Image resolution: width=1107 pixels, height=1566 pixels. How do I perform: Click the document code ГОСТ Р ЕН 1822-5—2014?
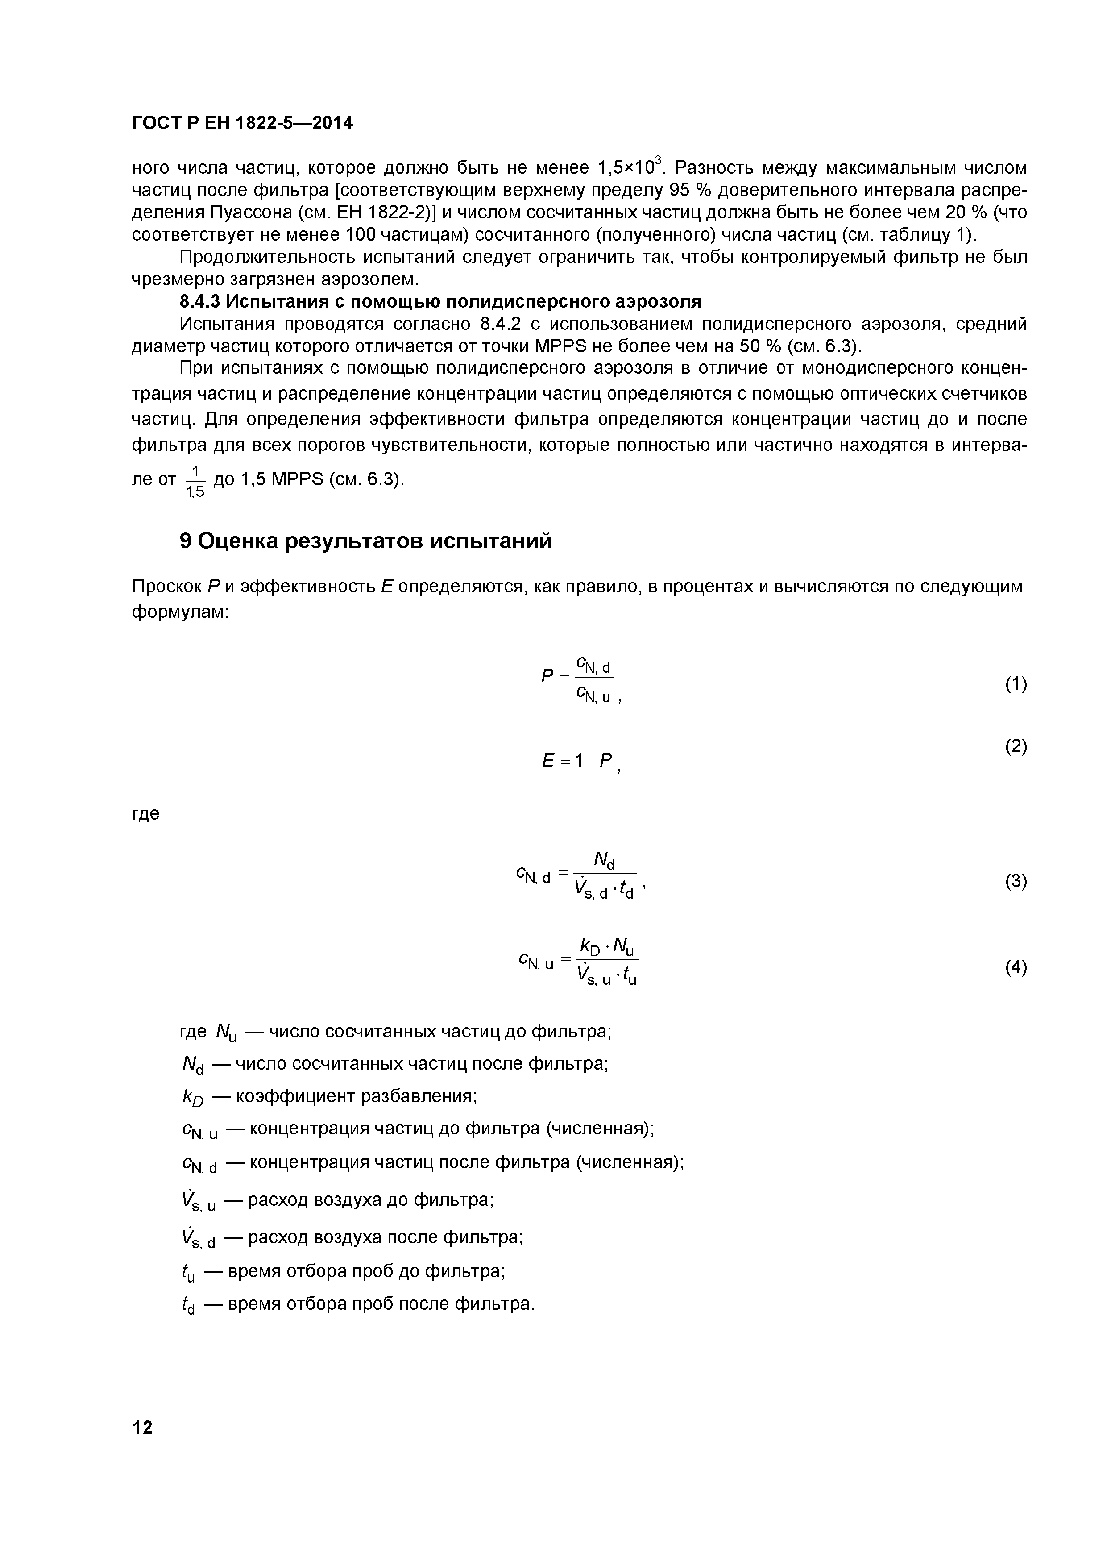(242, 124)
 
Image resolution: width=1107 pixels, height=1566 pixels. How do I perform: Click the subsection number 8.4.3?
(200, 301)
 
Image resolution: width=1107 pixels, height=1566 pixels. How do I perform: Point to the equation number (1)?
(1016, 684)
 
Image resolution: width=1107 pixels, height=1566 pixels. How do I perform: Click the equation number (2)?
(1016, 747)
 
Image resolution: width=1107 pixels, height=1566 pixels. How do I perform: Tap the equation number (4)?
(1016, 967)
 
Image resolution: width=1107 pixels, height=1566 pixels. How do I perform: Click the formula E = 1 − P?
(578, 761)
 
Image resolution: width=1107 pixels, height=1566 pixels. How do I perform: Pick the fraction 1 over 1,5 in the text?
(195, 480)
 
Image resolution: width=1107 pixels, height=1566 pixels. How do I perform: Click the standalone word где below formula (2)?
(145, 813)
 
